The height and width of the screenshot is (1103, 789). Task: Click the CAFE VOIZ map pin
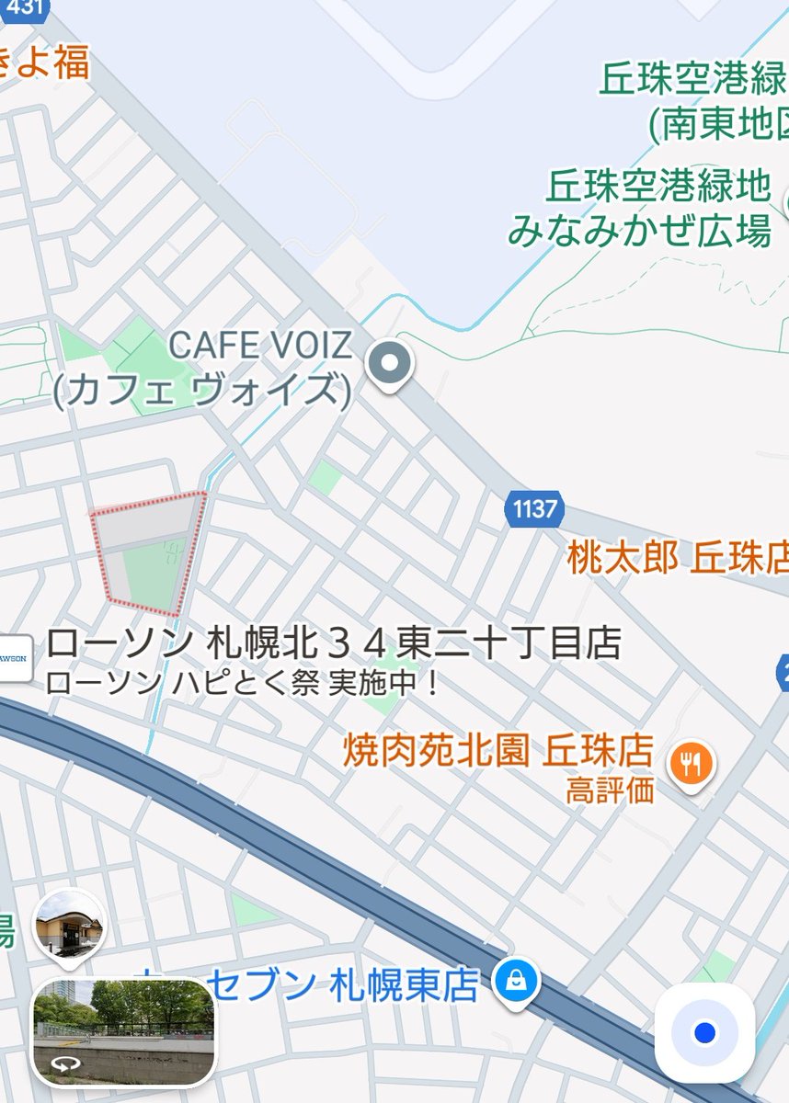[390, 363]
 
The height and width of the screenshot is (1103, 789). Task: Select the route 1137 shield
[534, 508]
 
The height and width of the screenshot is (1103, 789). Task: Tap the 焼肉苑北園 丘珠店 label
[497, 750]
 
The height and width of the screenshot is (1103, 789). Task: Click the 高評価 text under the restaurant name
[610, 790]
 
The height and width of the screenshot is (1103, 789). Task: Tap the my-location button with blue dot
[704, 1032]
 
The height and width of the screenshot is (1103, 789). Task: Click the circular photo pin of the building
[69, 925]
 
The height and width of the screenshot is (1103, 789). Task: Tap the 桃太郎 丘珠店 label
[677, 558]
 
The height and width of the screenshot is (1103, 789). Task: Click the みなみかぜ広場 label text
[639, 230]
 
